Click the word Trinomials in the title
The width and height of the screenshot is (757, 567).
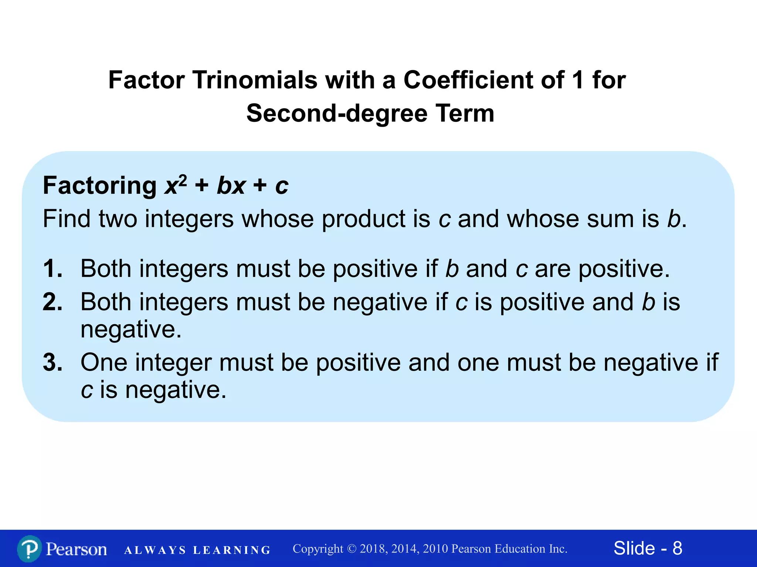[255, 80]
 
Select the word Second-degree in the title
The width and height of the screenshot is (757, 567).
[336, 113]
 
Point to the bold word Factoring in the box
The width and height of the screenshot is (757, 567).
[100, 185]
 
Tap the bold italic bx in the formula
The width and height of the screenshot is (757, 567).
[231, 185]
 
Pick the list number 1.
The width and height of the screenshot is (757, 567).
[52, 268]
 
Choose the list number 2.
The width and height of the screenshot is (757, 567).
[52, 302]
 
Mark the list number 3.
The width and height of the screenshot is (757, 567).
[52, 362]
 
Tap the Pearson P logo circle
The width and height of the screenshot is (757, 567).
[29, 549]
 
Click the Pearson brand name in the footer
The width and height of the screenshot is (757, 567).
[77, 549]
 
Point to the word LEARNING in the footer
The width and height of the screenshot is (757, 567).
[232, 550]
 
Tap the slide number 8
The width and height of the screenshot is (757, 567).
[677, 548]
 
